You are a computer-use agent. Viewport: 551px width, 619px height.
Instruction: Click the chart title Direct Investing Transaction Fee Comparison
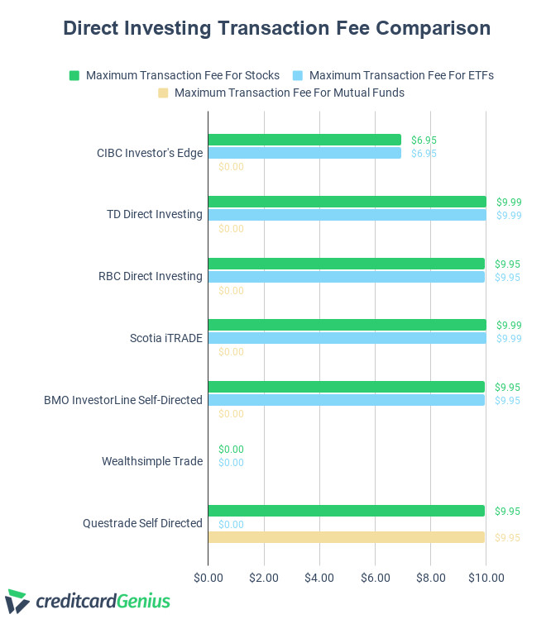pyautogui.click(x=276, y=28)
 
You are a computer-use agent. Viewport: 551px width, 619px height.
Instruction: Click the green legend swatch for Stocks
pyautogui.click(x=74, y=75)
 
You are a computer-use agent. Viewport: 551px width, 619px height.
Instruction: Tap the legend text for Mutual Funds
pyautogui.click(x=289, y=93)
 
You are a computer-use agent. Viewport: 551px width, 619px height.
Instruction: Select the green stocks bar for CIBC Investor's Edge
pyautogui.click(x=304, y=140)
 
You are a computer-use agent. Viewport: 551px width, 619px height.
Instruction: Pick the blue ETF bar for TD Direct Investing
pyautogui.click(x=347, y=215)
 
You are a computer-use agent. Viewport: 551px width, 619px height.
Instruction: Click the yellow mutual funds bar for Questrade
pyautogui.click(x=346, y=537)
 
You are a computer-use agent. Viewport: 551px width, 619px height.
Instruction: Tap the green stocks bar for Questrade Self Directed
pyautogui.click(x=346, y=511)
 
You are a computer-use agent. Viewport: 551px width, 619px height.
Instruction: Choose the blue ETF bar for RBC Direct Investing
pyautogui.click(x=346, y=277)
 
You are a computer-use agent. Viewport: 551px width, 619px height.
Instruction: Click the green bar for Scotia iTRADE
pyautogui.click(x=347, y=325)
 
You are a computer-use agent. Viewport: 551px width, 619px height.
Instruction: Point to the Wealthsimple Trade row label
pyautogui.click(x=152, y=461)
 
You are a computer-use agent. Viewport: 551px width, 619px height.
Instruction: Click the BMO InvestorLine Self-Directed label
pyautogui.click(x=123, y=400)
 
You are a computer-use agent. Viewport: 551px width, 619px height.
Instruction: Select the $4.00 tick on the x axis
pyautogui.click(x=319, y=576)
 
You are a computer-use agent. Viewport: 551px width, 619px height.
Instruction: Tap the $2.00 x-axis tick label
pyautogui.click(x=263, y=576)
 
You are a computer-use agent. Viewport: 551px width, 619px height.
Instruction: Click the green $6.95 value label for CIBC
pyautogui.click(x=424, y=140)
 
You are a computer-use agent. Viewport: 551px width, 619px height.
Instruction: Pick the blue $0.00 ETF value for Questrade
pyautogui.click(x=231, y=524)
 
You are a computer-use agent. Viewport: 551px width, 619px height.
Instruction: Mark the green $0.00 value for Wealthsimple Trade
pyautogui.click(x=231, y=450)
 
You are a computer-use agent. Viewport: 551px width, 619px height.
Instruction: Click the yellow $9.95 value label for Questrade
pyautogui.click(x=507, y=537)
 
